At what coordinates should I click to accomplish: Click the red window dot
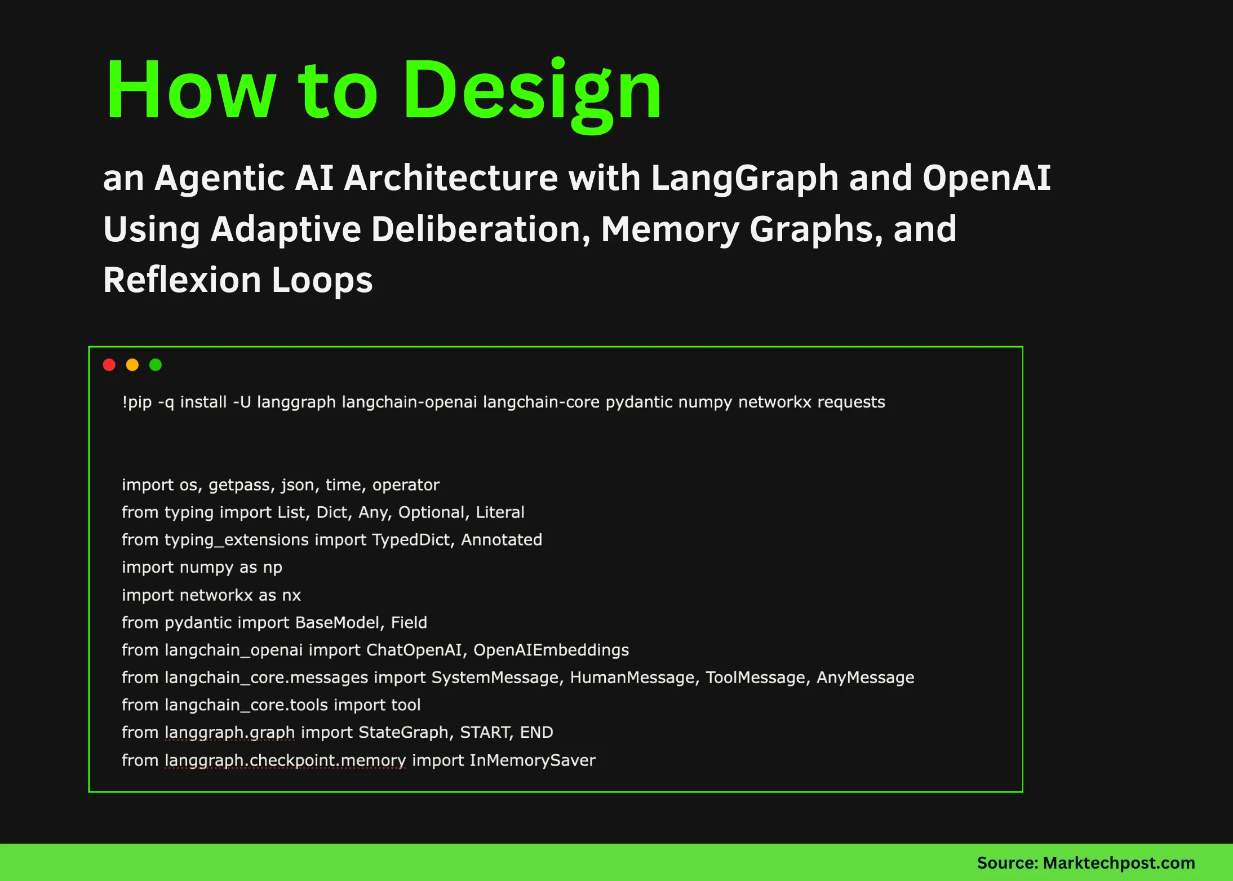[109, 365]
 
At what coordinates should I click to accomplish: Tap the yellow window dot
[132, 365]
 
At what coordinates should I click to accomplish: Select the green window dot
[156, 365]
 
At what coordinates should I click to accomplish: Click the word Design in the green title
[533, 90]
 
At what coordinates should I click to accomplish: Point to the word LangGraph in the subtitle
[745, 178]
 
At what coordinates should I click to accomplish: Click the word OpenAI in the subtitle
[986, 178]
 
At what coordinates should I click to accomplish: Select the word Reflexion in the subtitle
[182, 280]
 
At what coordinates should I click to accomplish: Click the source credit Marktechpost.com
[1119, 862]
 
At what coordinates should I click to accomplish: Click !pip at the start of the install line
[137, 402]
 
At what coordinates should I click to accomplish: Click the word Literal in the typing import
[500, 512]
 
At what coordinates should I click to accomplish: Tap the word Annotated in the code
[502, 540]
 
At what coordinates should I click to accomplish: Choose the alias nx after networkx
[291, 595]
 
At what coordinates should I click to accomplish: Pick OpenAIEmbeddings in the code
[551, 650]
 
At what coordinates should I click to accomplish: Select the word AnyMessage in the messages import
[865, 678]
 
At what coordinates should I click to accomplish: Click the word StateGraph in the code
[403, 733]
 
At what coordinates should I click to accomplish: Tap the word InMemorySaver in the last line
[532, 760]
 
